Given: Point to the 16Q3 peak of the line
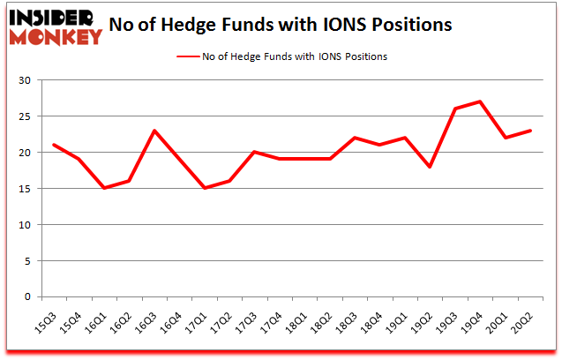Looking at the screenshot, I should click(x=154, y=131).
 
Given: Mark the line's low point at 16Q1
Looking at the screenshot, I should click(x=104, y=188).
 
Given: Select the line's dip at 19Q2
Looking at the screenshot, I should click(x=431, y=167).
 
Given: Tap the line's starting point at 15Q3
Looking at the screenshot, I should click(x=54, y=145).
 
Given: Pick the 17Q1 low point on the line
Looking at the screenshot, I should click(x=205, y=188).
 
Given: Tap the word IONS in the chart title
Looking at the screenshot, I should click(x=344, y=24).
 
